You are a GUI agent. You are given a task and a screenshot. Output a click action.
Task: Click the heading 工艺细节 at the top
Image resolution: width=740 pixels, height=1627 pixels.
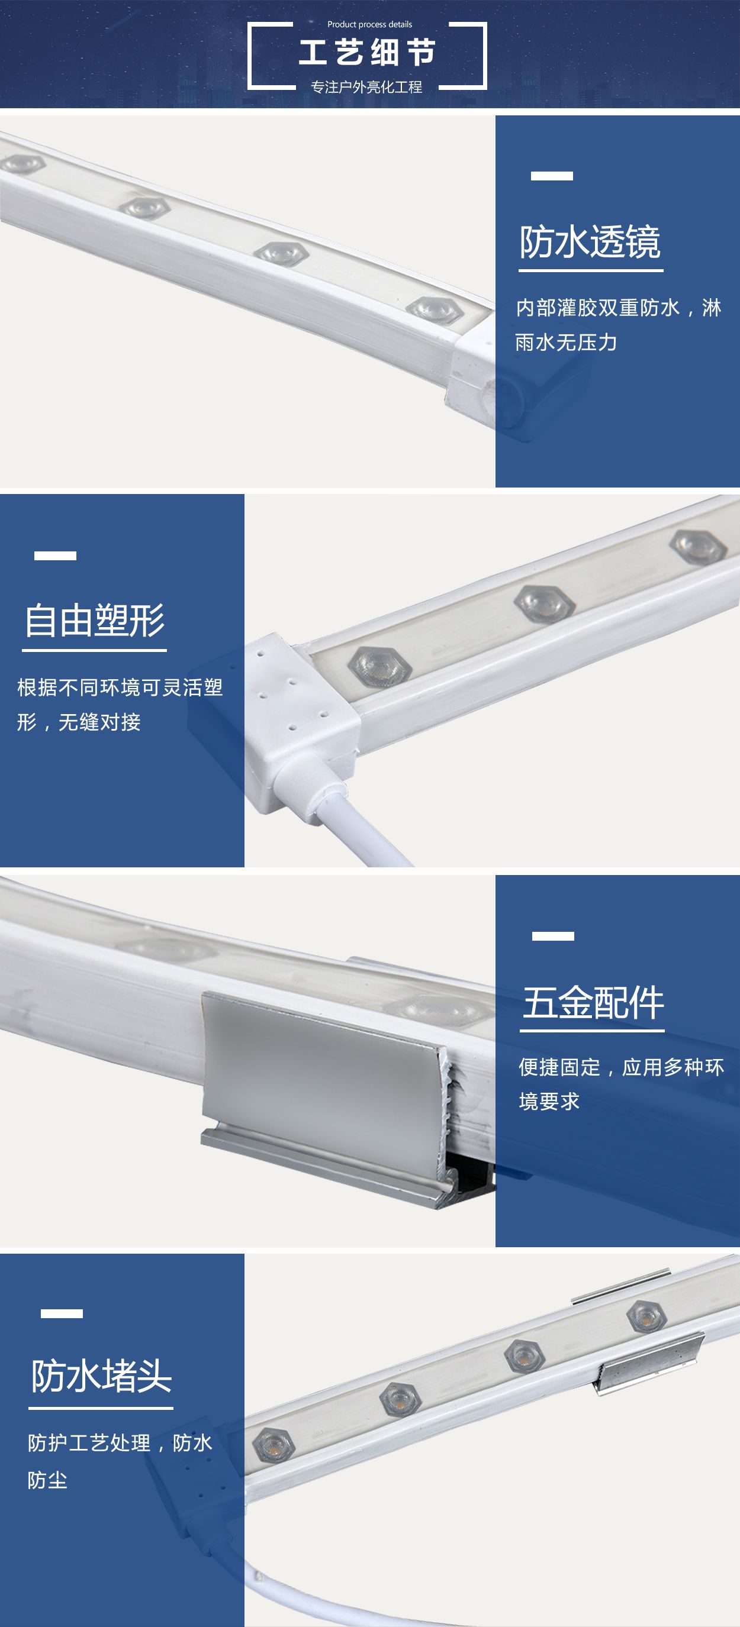(367, 53)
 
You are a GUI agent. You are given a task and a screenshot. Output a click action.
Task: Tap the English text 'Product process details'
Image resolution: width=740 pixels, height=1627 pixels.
(369, 24)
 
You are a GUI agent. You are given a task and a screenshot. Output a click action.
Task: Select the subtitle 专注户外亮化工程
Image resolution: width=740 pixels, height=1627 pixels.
(366, 86)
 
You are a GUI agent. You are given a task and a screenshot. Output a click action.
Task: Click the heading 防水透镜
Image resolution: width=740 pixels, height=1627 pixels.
(590, 242)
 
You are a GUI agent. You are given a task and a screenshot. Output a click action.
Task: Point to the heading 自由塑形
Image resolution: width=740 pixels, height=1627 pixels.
(94, 620)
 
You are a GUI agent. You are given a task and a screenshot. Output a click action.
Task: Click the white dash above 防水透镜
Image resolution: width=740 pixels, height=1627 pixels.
(552, 176)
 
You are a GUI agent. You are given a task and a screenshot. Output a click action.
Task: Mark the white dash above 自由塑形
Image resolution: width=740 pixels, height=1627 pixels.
(55, 556)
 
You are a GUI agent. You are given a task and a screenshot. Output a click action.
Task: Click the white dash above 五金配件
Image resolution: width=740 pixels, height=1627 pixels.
(553, 936)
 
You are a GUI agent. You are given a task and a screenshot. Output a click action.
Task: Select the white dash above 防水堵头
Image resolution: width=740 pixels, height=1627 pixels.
(62, 1313)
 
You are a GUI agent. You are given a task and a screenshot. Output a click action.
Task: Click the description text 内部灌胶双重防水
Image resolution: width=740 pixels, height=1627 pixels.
(598, 308)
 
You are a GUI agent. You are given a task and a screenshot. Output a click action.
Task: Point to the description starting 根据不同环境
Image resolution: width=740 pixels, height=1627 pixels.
(120, 704)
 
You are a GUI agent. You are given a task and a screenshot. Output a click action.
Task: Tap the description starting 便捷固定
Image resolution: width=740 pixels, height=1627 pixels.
(621, 1084)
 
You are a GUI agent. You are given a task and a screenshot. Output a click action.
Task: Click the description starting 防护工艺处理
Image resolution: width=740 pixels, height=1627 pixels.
(120, 1461)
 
